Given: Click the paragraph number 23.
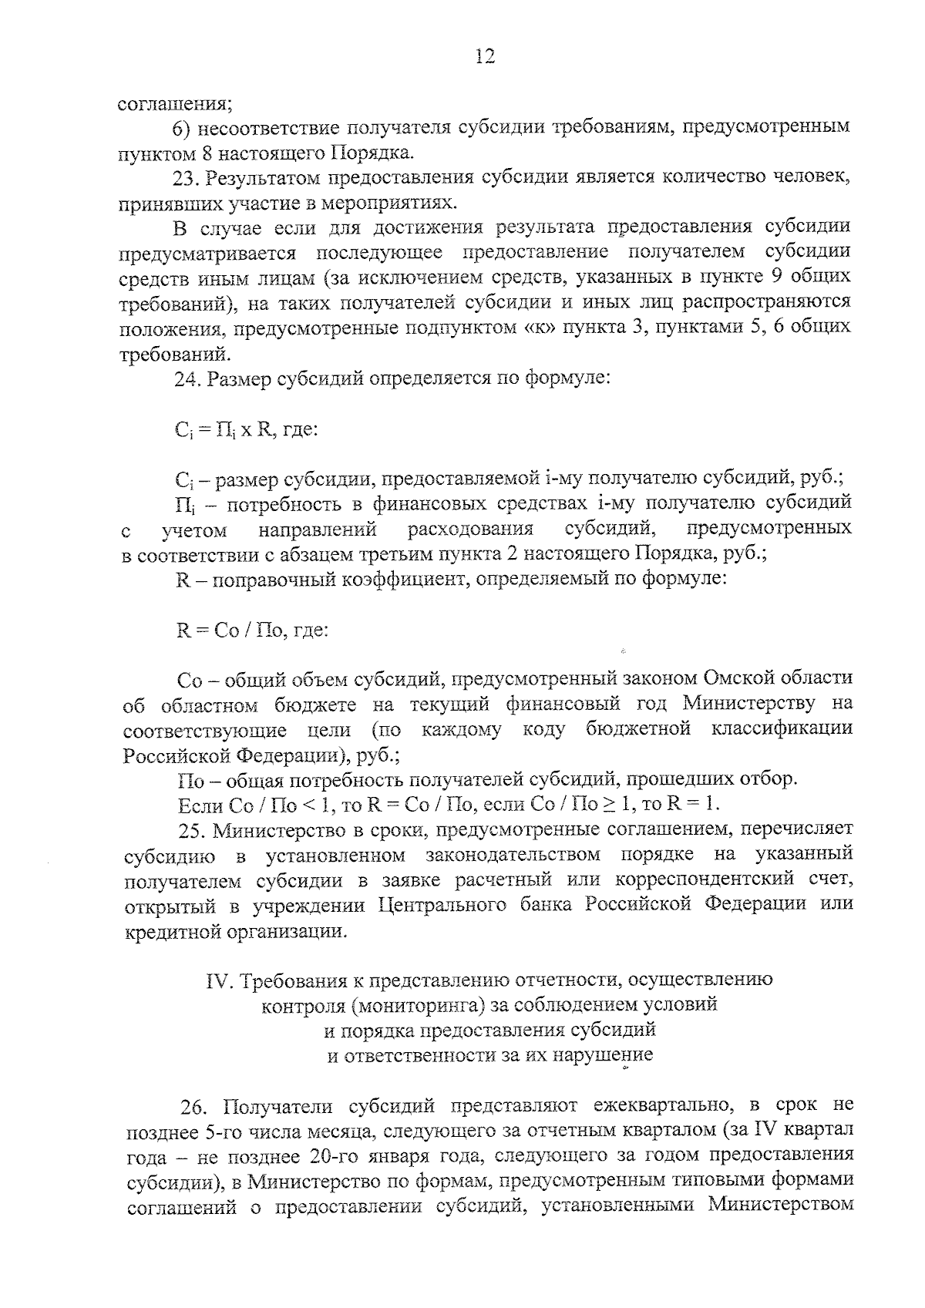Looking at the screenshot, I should point(187,177).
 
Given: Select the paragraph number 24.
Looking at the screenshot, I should point(187,379).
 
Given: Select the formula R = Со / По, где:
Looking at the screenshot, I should point(253,630).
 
